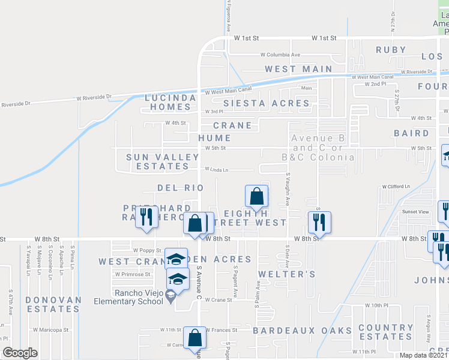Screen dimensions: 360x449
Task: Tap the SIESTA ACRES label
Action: tap(276, 103)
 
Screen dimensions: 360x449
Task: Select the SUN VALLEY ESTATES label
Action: tap(162, 161)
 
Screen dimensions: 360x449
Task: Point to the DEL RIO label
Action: tap(181, 188)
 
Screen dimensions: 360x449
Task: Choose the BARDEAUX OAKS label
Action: tap(302, 331)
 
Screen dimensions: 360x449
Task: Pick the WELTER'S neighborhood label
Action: tap(286, 274)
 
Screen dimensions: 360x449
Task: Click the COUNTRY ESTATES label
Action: tap(385, 332)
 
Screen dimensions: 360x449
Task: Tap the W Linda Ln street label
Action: tap(217, 170)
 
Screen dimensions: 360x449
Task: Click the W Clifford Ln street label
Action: tap(396, 186)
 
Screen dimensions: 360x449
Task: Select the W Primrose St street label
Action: tap(134, 274)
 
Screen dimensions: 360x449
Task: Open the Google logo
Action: tap(20, 353)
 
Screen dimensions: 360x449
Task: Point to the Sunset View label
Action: tap(416, 212)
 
